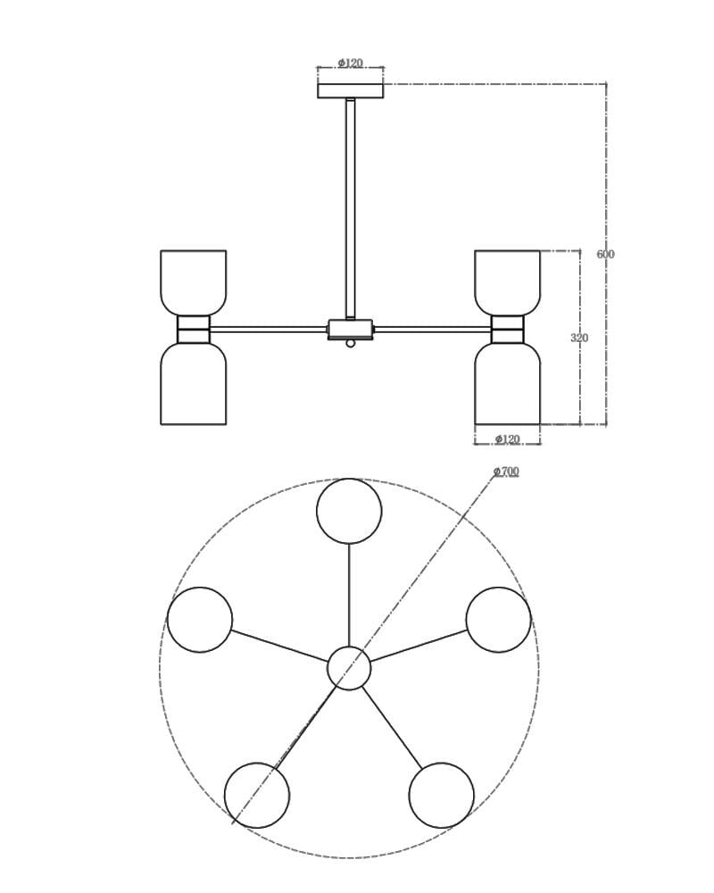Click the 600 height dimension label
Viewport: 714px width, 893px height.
pyautogui.click(x=605, y=254)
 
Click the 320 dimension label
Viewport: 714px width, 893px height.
pyautogui.click(x=579, y=338)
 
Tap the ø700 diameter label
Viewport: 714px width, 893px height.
pyautogui.click(x=506, y=471)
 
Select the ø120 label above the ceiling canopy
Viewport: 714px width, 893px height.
pyautogui.click(x=350, y=63)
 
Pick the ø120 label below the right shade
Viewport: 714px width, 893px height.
pyautogui.click(x=507, y=439)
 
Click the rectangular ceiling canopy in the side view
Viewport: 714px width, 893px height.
pyautogui.click(x=351, y=91)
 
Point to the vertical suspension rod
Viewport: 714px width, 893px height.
pyautogui.click(x=351, y=209)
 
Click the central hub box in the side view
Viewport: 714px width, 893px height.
pyautogui.click(x=351, y=330)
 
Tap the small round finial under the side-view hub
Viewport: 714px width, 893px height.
pyautogui.click(x=351, y=344)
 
